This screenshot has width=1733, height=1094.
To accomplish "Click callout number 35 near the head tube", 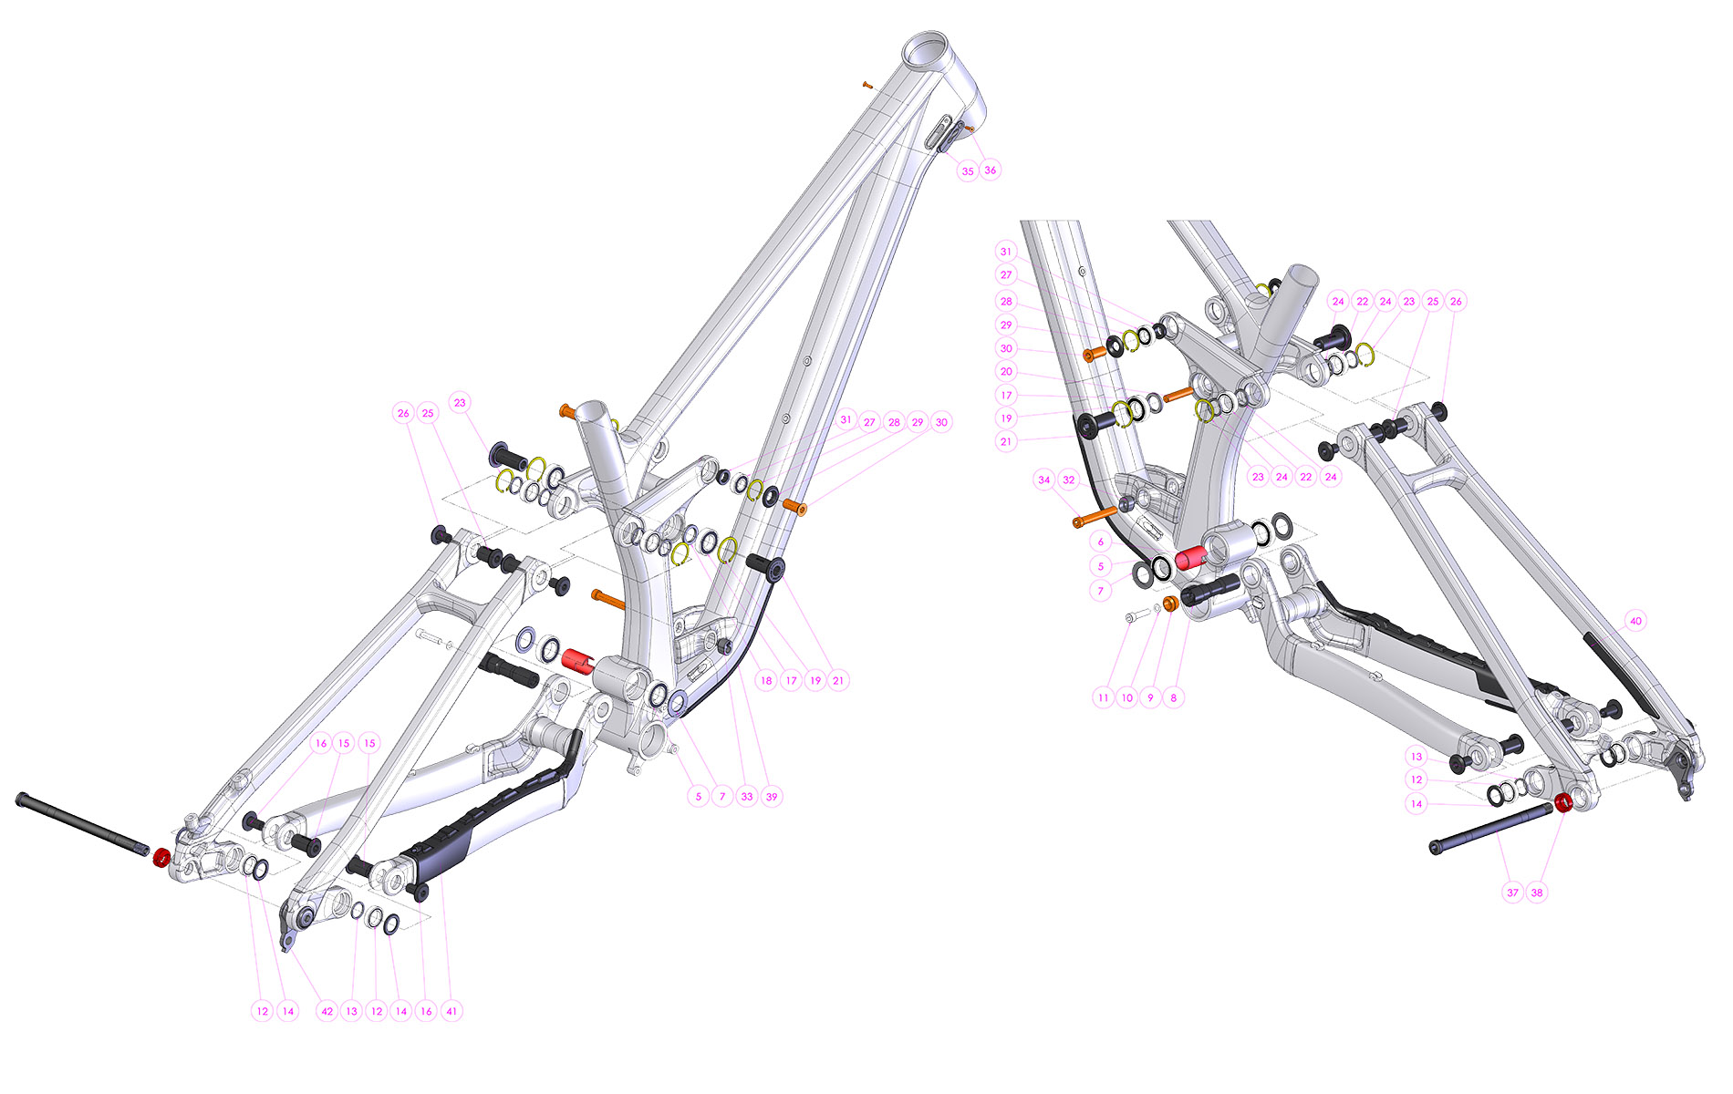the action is [968, 170].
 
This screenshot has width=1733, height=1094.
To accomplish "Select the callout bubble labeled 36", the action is [991, 170].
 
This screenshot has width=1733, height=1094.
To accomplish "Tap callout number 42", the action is [327, 1011].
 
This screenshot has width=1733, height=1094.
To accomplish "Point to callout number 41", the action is [451, 1011].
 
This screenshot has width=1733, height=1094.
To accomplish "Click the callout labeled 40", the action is [1635, 621].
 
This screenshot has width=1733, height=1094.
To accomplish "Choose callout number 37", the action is [1513, 893].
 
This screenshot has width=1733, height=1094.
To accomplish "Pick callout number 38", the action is [1537, 893].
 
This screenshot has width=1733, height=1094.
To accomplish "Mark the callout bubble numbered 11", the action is [1104, 697].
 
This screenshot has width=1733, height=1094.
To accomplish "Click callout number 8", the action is [1173, 697].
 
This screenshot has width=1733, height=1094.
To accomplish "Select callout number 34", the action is [1044, 480].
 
